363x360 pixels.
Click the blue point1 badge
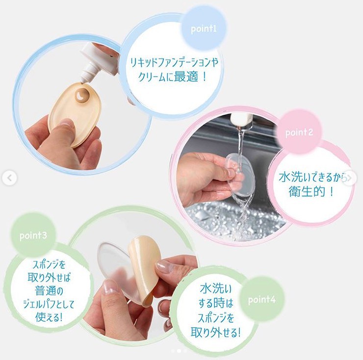coord(204,29)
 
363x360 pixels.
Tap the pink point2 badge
coord(299,132)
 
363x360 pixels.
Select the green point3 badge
coord(33,235)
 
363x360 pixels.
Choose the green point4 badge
coord(261,300)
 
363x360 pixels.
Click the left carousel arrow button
coord(9,178)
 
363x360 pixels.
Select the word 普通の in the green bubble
coord(49,291)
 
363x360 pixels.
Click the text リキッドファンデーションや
coord(174,62)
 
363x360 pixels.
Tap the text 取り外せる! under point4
coord(215,332)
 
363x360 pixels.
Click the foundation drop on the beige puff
coord(81,95)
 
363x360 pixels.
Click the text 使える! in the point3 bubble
coord(49,317)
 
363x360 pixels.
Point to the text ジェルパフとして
coord(49,304)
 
